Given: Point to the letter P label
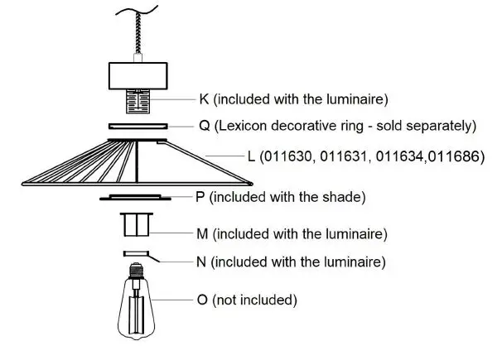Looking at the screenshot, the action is (200, 197).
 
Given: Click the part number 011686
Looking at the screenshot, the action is (456, 155).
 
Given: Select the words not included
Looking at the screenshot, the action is (259, 299).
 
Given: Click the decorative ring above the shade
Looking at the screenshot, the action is (138, 127).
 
